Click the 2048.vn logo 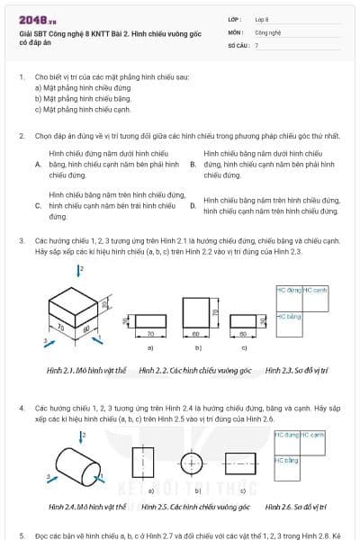click(37, 19)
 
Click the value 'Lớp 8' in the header click(263, 19)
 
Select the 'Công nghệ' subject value click(268, 31)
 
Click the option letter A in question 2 click(38, 166)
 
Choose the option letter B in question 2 click(193, 166)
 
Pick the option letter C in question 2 click(38, 205)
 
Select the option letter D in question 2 click(193, 205)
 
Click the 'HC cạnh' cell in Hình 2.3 click(314, 291)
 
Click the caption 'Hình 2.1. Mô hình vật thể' click(86, 370)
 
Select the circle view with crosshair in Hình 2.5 click(193, 463)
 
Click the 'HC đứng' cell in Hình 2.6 click(286, 436)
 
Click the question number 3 click(22, 241)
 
